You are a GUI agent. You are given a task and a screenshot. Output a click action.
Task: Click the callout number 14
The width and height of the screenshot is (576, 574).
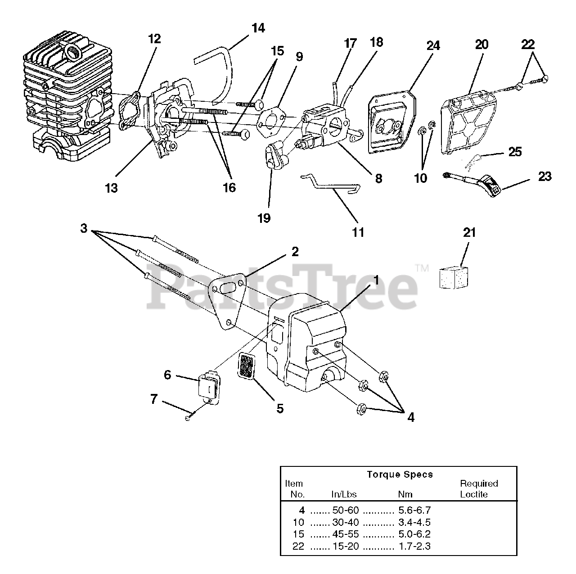click(258, 28)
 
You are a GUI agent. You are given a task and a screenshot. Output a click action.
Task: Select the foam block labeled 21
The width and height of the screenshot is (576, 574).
click(454, 276)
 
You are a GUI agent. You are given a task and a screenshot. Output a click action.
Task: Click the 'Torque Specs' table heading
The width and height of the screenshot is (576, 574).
click(400, 474)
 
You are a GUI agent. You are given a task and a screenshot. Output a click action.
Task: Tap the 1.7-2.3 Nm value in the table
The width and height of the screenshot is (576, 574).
click(414, 546)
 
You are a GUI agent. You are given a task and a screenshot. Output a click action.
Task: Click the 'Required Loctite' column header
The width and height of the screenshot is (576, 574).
click(478, 488)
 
